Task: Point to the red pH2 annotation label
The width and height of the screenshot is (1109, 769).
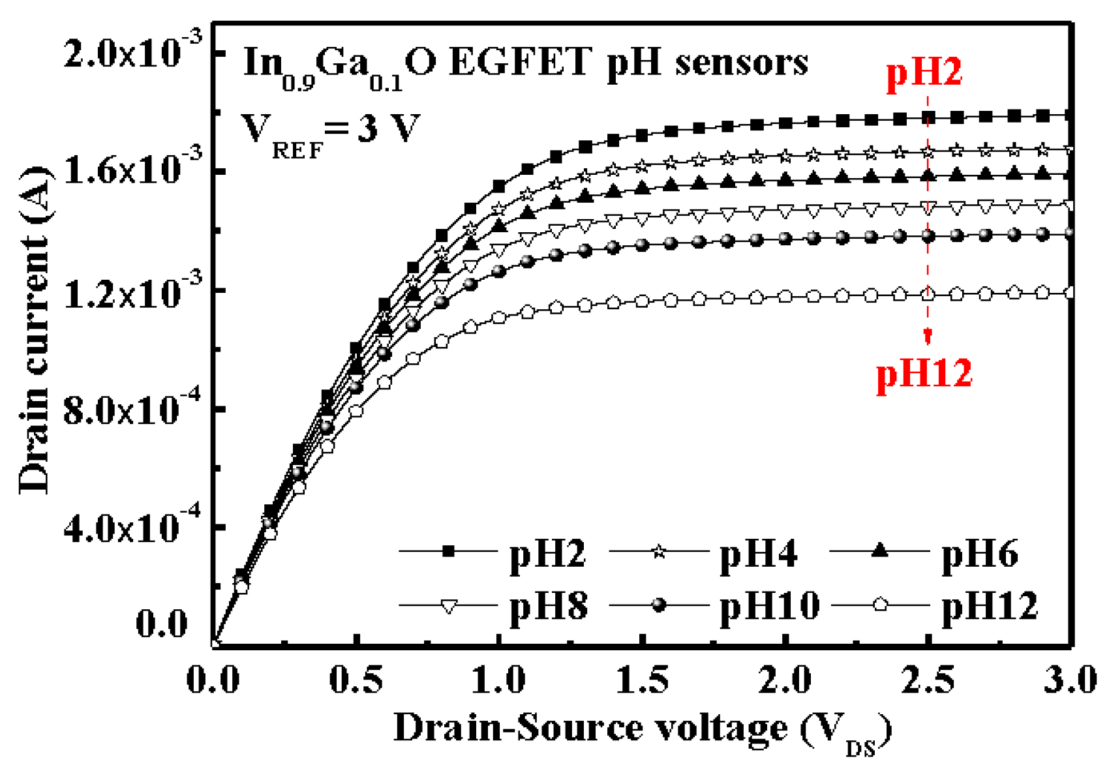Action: [924, 72]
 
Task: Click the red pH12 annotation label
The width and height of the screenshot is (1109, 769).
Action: [924, 374]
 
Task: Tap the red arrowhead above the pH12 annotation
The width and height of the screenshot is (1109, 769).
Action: [928, 337]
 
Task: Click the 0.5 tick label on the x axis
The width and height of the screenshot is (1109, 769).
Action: [356, 680]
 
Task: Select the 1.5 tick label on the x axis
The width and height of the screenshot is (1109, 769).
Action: [643, 680]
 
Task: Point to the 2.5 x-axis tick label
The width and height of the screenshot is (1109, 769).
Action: [928, 680]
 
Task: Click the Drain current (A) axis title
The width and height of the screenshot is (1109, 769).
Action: [34, 329]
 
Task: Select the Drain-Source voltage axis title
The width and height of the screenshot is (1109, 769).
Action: [643, 729]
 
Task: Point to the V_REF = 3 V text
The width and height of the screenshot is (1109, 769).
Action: [329, 130]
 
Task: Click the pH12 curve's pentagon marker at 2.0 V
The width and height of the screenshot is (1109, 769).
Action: [785, 297]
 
